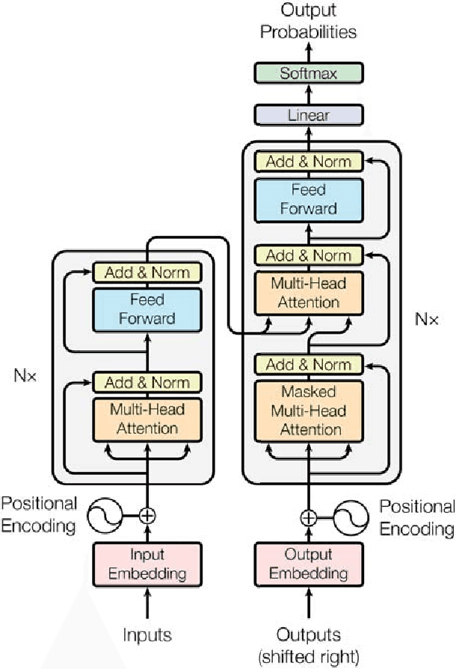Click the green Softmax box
point(309,73)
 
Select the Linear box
point(309,115)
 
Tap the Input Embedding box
point(147,564)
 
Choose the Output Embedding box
point(309,564)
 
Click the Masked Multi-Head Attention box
point(309,411)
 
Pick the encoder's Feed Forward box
point(147,310)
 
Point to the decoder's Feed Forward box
point(309,200)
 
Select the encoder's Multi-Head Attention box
point(147,420)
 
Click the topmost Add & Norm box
point(309,162)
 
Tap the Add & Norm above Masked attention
point(309,365)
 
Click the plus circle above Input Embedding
point(147,516)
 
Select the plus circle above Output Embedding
point(309,518)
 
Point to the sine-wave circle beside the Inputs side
point(105,515)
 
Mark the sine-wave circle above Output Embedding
point(351,518)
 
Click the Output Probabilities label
point(308,21)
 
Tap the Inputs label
point(147,635)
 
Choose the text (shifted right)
point(309,656)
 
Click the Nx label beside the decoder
point(427,319)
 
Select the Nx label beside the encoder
point(25,376)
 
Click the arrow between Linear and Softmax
point(309,94)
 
